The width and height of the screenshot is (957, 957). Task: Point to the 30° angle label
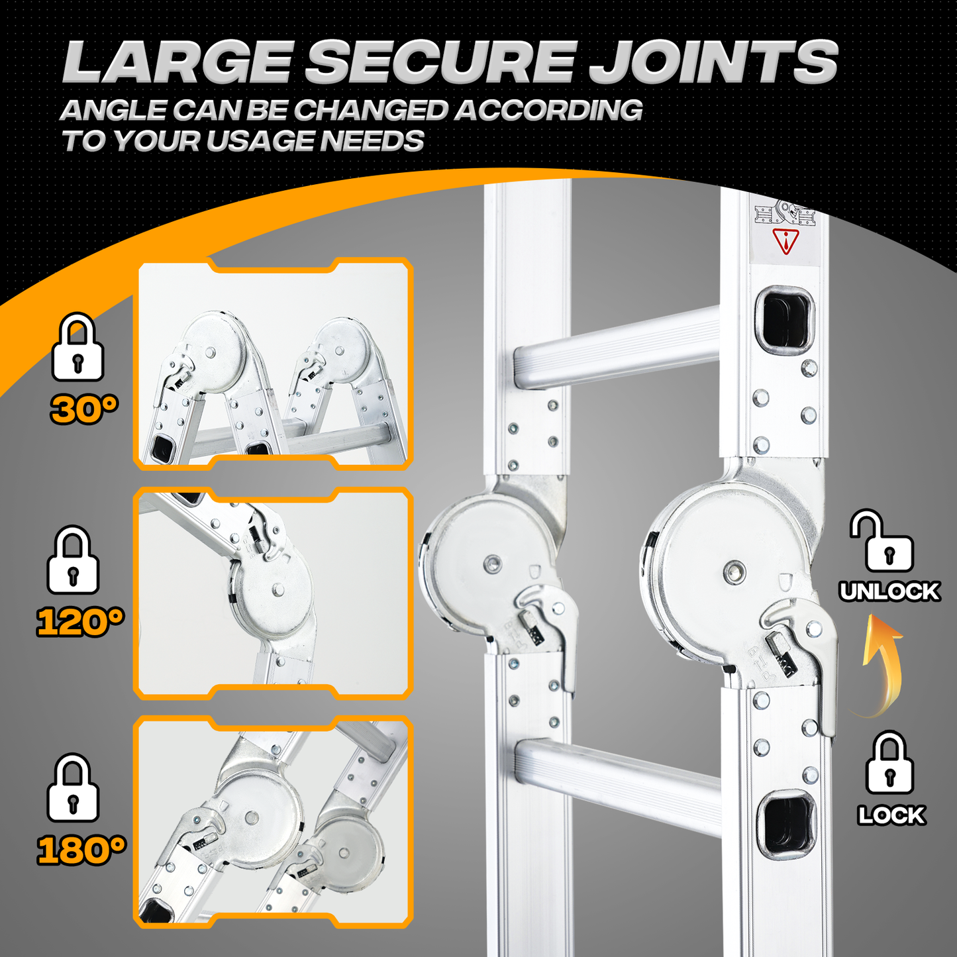tap(84, 409)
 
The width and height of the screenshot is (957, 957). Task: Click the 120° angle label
tap(80, 621)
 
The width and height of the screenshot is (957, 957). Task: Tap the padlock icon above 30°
tap(78, 346)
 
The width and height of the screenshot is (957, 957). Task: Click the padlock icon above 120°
tap(73, 560)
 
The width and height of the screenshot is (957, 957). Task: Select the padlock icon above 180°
tap(73, 788)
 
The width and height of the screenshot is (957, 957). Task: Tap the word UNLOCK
tap(890, 591)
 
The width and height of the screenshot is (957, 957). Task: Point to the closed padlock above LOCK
tap(889, 762)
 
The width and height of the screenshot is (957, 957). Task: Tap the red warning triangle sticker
tap(785, 241)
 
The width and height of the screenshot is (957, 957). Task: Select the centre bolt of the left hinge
tap(493, 564)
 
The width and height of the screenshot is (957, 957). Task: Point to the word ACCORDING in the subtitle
tap(548, 110)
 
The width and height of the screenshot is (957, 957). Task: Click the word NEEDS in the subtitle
tap(372, 140)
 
